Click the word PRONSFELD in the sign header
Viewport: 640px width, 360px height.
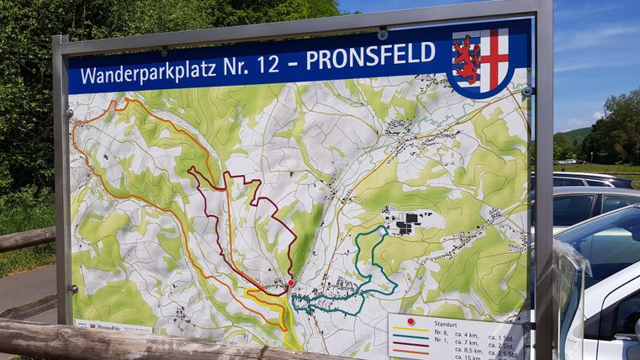370,56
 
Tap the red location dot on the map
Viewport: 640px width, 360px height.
291,283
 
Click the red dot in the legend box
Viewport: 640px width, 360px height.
410,321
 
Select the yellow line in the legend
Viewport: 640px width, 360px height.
410,330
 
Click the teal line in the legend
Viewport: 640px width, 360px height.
410,337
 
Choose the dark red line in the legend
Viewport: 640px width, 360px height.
410,345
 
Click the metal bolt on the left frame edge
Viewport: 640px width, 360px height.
73,289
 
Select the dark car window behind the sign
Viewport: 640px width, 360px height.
574,209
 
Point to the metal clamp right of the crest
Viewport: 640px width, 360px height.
526,90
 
